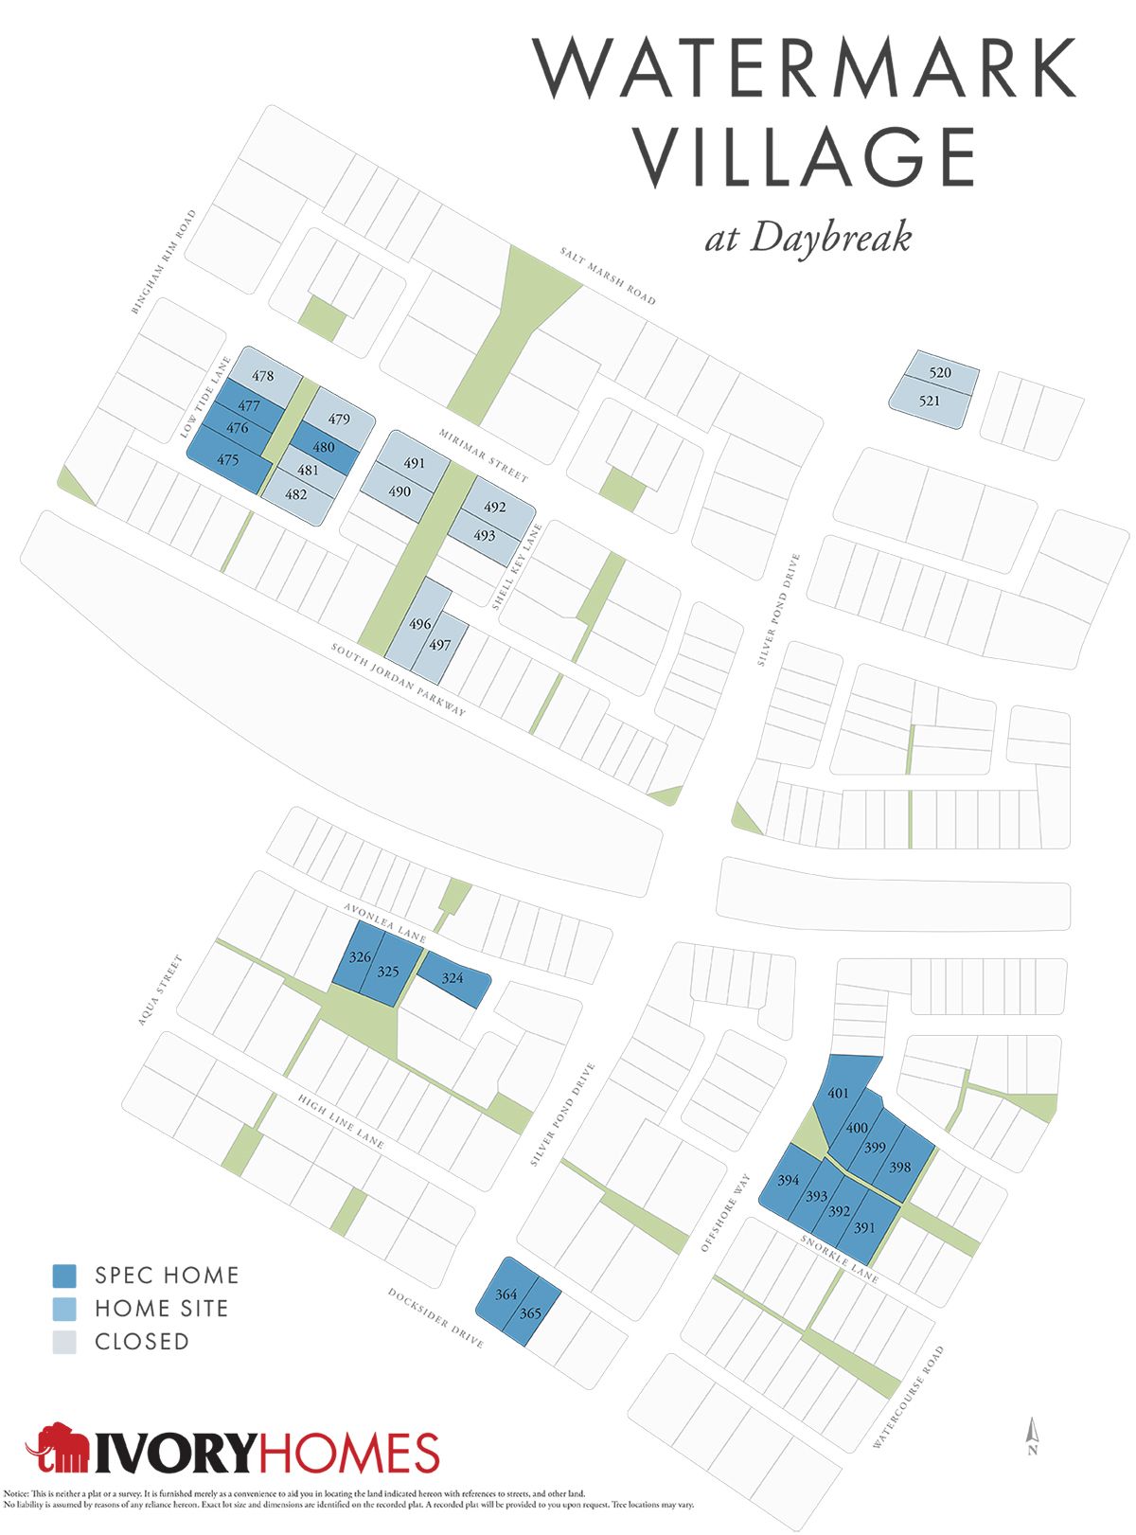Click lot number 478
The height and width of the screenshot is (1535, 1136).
[x=262, y=376]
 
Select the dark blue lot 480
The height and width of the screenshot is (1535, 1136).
[x=324, y=447]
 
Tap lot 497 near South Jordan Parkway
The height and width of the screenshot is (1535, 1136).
[x=439, y=645]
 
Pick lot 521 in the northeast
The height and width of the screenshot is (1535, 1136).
[x=930, y=401]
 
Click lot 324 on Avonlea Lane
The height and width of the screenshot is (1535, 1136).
[x=453, y=978]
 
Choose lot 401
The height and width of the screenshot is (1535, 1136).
[x=838, y=1094]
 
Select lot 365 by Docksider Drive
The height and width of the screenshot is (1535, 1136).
[x=530, y=1313]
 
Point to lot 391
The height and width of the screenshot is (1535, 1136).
[x=864, y=1228]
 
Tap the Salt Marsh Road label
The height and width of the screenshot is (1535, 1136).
[x=607, y=276]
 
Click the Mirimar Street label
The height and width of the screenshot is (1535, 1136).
[x=483, y=455]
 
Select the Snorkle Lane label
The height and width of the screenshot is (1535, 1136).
[x=839, y=1258]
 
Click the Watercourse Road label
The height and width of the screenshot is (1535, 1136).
[x=909, y=1397]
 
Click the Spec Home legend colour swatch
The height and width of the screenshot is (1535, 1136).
[x=64, y=1276]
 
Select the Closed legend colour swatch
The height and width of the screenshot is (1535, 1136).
[x=64, y=1342]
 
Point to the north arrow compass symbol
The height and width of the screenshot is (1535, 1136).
[x=1033, y=1436]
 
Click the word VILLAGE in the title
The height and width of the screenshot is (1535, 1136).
[x=805, y=157]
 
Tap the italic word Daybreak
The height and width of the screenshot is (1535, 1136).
[x=830, y=237]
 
